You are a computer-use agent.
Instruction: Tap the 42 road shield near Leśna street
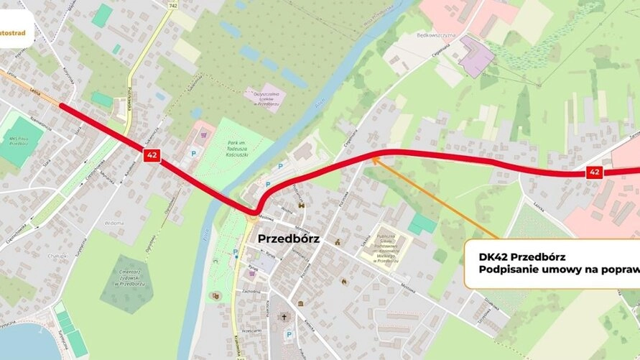click(152, 155)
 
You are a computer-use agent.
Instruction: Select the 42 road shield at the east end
click(594, 172)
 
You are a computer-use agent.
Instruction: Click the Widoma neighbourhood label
click(113, 223)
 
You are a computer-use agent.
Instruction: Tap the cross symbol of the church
click(284, 317)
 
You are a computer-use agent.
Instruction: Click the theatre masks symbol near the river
click(214, 295)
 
